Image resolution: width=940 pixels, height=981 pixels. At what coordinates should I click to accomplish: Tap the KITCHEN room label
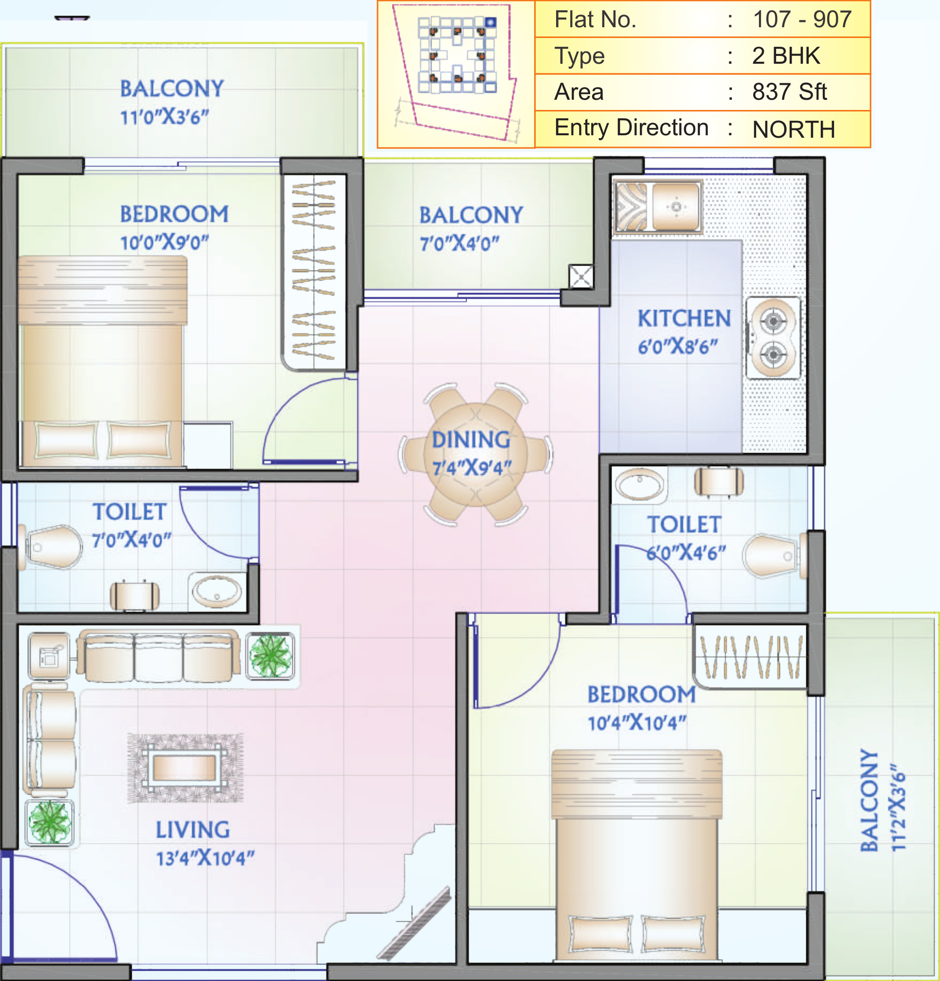[684, 318]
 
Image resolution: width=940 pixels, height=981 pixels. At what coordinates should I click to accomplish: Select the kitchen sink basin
[675, 207]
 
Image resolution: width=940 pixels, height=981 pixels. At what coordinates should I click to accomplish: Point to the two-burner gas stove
[773, 338]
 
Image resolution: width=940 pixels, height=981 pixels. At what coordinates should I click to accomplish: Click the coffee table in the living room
[184, 768]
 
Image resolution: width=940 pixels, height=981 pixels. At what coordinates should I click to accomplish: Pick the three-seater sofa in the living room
[158, 656]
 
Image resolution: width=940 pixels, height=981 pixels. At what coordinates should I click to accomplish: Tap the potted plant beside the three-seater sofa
[271, 655]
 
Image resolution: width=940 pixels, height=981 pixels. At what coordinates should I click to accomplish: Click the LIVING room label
[193, 830]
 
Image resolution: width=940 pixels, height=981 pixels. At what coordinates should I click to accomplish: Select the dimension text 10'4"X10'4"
[637, 722]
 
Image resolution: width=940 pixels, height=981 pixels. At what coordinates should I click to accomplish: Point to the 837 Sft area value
[789, 92]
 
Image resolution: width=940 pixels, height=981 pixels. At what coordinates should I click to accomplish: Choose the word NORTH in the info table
[794, 129]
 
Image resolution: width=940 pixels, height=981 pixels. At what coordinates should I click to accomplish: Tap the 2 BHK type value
[786, 55]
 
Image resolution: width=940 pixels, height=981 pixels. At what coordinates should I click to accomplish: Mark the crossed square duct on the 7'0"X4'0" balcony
[580, 276]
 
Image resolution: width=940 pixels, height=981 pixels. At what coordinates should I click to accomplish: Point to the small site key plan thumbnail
[456, 73]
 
